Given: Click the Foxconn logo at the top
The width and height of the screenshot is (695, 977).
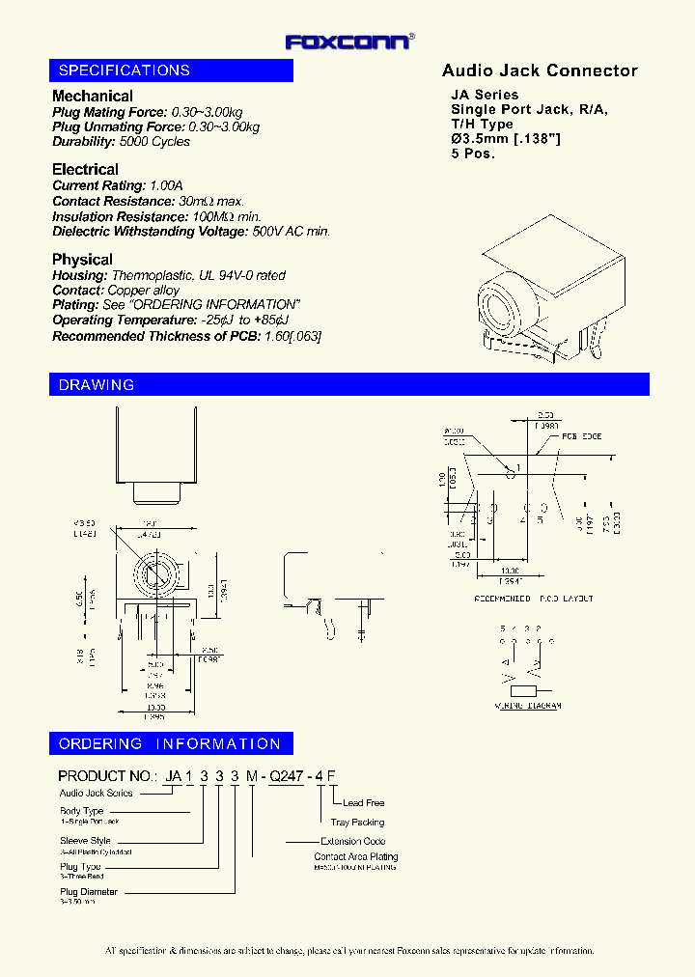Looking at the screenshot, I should [350, 41].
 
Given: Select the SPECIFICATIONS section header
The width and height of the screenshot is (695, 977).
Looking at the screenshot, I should [125, 70].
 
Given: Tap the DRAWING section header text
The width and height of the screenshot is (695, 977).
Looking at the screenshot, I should [97, 385].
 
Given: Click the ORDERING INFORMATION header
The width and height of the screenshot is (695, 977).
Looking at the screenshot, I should [170, 744].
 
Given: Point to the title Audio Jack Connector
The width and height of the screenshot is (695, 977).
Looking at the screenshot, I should [540, 70].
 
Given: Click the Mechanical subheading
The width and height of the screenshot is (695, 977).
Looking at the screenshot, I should [93, 96].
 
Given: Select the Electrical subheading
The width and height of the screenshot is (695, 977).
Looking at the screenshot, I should [85, 169].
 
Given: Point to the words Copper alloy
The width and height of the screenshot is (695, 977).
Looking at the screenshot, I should [144, 291].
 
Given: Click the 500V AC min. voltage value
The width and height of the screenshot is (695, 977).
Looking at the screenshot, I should [291, 232].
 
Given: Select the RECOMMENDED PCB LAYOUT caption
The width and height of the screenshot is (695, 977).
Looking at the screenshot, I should [533, 599].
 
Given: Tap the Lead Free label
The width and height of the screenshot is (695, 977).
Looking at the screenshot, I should [363, 803].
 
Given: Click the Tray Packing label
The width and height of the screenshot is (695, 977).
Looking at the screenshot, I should [357, 823].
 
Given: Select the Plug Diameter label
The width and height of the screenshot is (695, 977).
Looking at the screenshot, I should [89, 892].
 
